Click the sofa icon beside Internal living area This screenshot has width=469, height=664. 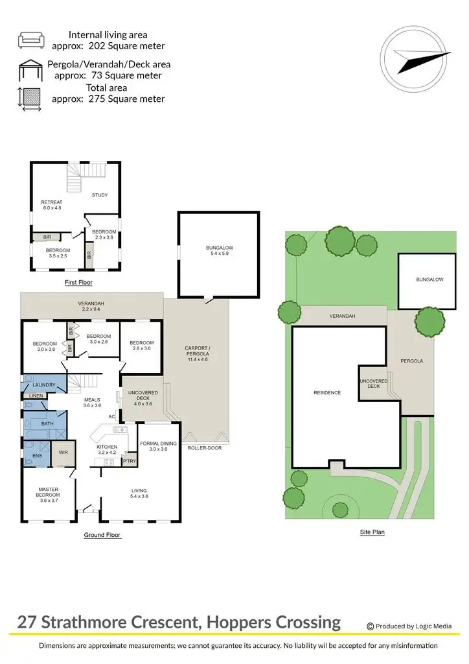pyautogui.click(x=30, y=40)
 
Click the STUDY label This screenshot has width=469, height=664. pyautogui.click(x=99, y=195)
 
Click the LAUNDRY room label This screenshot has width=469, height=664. pyautogui.click(x=45, y=385)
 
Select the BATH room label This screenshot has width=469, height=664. pyautogui.click(x=47, y=423)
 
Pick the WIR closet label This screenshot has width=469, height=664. pyautogui.click(x=63, y=452)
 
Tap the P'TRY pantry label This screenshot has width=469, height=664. pyautogui.click(x=130, y=461)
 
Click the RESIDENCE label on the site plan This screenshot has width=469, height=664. pyautogui.click(x=327, y=392)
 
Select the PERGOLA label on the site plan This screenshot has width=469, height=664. pyautogui.click(x=411, y=361)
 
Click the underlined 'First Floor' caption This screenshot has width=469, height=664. pyautogui.click(x=78, y=283)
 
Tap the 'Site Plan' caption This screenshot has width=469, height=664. pyautogui.click(x=373, y=532)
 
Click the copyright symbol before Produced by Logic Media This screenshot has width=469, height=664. pyautogui.click(x=371, y=626)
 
